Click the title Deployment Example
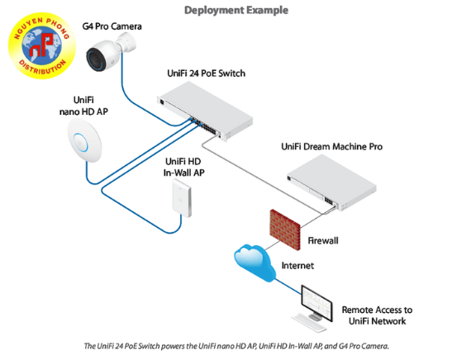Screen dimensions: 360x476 click(x=236, y=11)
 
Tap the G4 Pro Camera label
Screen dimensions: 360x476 click(x=112, y=26)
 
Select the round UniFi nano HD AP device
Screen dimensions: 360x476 click(x=87, y=135)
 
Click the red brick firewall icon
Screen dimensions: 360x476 click(x=284, y=225)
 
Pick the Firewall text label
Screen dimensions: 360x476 click(x=325, y=241)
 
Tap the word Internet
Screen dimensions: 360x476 click(x=297, y=266)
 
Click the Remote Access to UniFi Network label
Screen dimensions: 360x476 click(x=376, y=315)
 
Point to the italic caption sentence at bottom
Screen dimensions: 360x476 click(x=236, y=345)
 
